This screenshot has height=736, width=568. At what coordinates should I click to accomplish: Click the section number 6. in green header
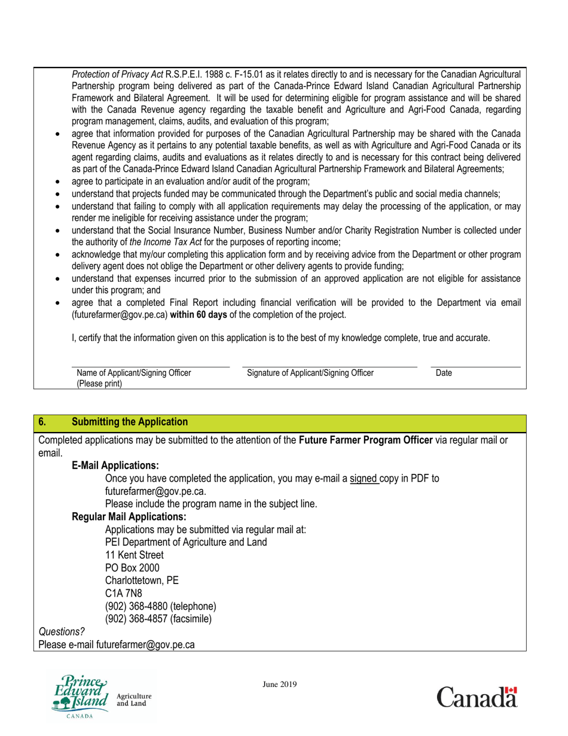point(42,422)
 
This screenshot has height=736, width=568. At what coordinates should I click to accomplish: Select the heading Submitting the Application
point(130,422)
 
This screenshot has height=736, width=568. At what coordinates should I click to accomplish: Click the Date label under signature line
point(444,373)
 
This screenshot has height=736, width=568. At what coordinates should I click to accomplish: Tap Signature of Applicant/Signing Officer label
point(310,373)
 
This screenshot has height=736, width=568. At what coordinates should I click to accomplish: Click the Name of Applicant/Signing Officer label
point(134,373)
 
